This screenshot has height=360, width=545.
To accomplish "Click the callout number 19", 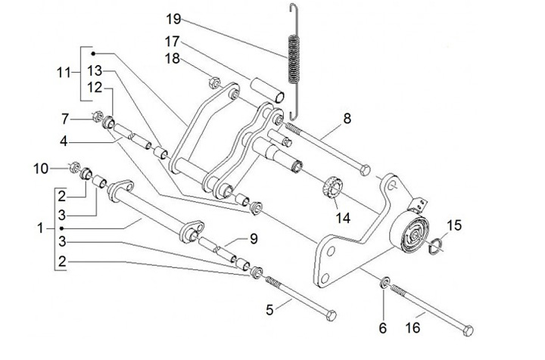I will [173, 17].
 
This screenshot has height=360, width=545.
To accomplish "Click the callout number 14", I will [344, 218].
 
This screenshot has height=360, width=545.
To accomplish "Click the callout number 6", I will [382, 327].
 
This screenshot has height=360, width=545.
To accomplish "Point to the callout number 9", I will [253, 238].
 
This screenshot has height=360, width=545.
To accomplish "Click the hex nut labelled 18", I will [213, 78].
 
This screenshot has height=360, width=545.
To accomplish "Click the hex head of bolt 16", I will [468, 330].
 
